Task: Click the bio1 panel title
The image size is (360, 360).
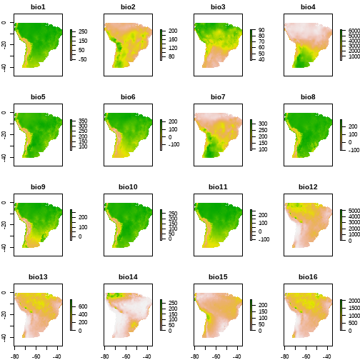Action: click(38, 7)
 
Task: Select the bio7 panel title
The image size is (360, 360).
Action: click(218, 97)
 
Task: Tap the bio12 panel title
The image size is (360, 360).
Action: click(308, 187)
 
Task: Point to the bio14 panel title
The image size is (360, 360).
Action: click(128, 277)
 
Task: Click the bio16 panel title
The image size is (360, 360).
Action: click(308, 277)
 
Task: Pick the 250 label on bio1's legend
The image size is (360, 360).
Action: click(83, 31)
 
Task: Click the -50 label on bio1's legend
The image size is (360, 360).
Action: click(82, 59)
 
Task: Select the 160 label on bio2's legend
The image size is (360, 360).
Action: click(173, 39)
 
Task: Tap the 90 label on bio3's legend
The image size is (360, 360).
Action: click(261, 30)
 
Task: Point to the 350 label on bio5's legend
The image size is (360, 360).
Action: click(83, 121)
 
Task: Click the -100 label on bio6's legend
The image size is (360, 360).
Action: click(174, 144)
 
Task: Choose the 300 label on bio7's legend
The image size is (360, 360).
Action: click(263, 124)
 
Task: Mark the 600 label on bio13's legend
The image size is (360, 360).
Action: click(83, 306)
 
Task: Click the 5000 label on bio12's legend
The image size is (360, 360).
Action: click(354, 211)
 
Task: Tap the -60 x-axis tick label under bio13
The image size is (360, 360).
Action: click(36, 356)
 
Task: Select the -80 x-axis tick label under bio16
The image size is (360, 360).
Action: click(285, 356)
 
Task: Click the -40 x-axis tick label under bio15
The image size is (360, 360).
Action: click(237, 356)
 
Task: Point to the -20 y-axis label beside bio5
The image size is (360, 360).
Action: click(4, 135)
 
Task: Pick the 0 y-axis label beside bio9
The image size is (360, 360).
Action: click(4, 203)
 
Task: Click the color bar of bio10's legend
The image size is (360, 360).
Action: click(161, 225)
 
